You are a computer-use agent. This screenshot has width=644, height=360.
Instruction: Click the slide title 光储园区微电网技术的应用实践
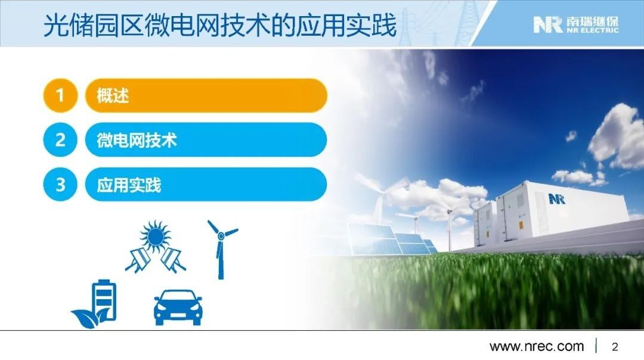pyautogui.click(x=220, y=26)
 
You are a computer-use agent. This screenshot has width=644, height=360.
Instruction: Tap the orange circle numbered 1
pyautogui.click(x=60, y=95)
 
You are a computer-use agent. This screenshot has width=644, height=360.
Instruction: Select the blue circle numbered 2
pyautogui.click(x=60, y=140)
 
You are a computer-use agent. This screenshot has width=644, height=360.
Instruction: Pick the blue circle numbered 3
pyautogui.click(x=60, y=184)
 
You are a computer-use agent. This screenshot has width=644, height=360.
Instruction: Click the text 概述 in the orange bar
pyautogui.click(x=113, y=95)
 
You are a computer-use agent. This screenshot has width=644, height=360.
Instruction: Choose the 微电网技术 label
pyautogui.click(x=137, y=140)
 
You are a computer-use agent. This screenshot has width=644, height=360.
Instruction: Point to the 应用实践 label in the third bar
pyautogui.click(x=129, y=185)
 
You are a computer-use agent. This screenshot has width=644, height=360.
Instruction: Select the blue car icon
pyautogui.click(x=178, y=308)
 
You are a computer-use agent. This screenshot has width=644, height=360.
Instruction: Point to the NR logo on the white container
pyautogui.click(x=557, y=200)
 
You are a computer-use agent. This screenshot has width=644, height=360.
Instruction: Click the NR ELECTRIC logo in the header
pyautogui.click(x=576, y=24)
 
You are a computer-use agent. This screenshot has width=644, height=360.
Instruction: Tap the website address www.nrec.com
pyautogui.click(x=537, y=346)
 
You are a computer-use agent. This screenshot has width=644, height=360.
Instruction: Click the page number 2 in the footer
pyautogui.click(x=615, y=347)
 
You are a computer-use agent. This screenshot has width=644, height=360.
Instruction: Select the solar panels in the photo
pyautogui.click(x=390, y=240)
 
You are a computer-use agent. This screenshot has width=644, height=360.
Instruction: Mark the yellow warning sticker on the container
pyautogui.click(x=521, y=225)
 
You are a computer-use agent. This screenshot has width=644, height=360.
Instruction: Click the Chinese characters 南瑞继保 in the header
pyautogui.click(x=592, y=21)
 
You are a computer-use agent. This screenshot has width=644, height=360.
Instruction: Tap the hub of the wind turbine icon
pyautogui.click(x=221, y=235)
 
